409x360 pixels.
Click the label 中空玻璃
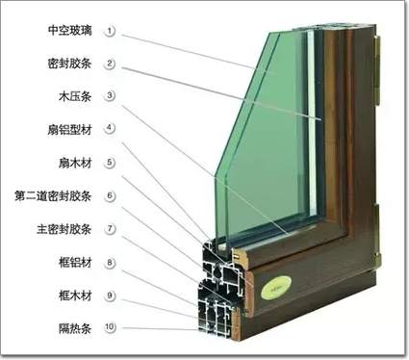70,31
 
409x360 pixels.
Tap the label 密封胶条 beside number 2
70,64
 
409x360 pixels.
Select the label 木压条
75,96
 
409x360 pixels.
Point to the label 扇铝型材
70,129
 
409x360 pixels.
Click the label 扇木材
75,163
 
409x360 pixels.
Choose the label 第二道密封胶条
53,195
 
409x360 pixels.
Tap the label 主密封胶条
64,229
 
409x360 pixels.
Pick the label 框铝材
75,263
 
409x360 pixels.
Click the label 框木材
75,296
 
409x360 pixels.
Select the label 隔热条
75,328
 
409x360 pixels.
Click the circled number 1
110,31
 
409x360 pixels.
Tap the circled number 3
110,95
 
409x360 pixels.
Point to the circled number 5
110,163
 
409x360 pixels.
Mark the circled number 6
110,195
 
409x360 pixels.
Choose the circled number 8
110,263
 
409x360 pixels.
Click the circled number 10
110,327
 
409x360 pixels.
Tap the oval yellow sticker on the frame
276,287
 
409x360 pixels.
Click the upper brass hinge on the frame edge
377,70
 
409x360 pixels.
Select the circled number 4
110,128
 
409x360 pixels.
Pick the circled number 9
110,296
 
